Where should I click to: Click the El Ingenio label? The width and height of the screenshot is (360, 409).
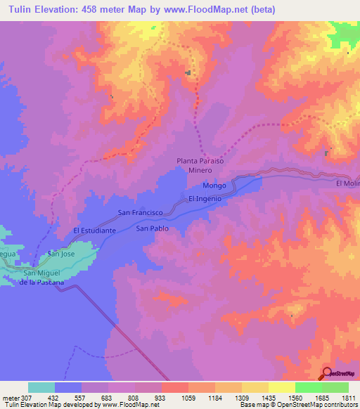click(x=205, y=199)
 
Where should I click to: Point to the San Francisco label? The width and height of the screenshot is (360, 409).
click(x=141, y=212)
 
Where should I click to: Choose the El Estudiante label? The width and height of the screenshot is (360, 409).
click(x=94, y=230)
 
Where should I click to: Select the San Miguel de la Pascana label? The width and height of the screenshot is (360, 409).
click(x=44, y=278)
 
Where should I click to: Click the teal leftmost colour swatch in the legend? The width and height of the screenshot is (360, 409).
click(x=41, y=387)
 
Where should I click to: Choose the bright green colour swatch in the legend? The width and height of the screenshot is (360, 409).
click(x=309, y=387)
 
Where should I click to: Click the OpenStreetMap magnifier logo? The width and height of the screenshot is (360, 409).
click(x=328, y=373)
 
